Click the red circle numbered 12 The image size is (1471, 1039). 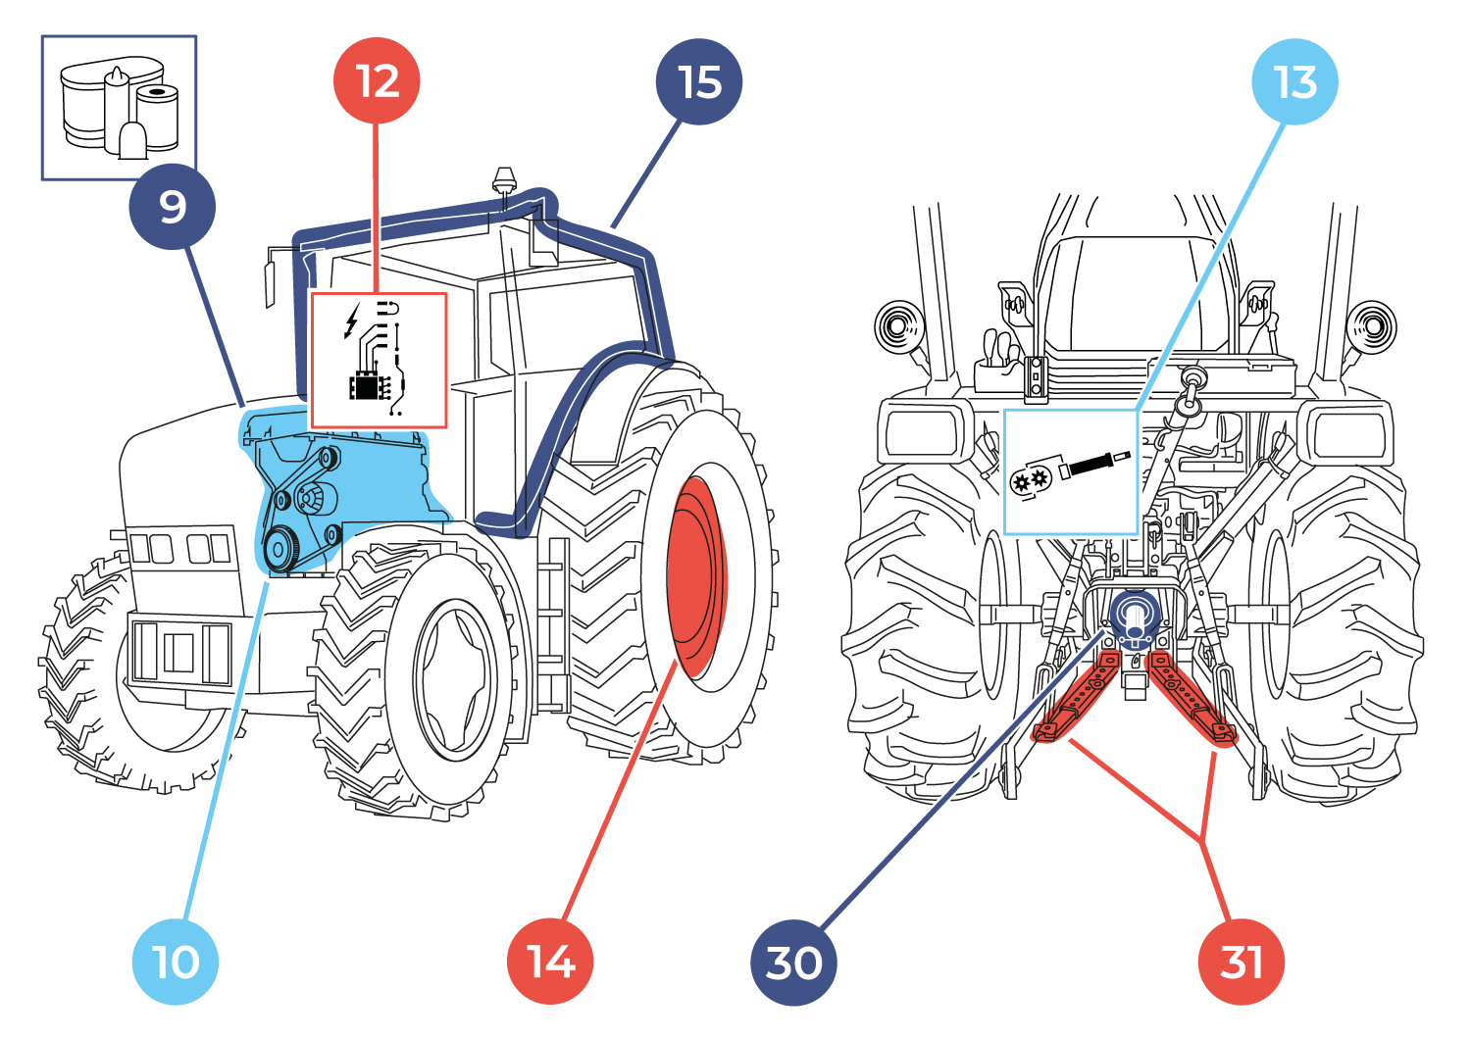tap(377, 81)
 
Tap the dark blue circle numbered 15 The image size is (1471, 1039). tap(698, 82)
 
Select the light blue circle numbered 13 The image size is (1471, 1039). tap(1294, 82)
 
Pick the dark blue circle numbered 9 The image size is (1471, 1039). tap(172, 207)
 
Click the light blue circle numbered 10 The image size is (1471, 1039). tap(176, 962)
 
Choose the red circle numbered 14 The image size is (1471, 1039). tap(550, 962)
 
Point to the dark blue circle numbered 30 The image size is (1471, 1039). tap(793, 963)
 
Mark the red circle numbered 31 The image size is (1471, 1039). tap(1241, 962)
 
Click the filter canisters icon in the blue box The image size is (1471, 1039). tap(119, 108)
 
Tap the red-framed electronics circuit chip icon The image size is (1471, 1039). tap(379, 360)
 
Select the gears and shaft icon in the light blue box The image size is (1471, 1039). tap(1070, 471)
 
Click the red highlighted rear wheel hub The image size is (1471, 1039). tap(695, 577)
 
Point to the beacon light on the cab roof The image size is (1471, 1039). tap(504, 181)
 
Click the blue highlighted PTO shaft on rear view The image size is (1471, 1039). tap(1135, 618)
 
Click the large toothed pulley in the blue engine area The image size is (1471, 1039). tap(281, 549)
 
